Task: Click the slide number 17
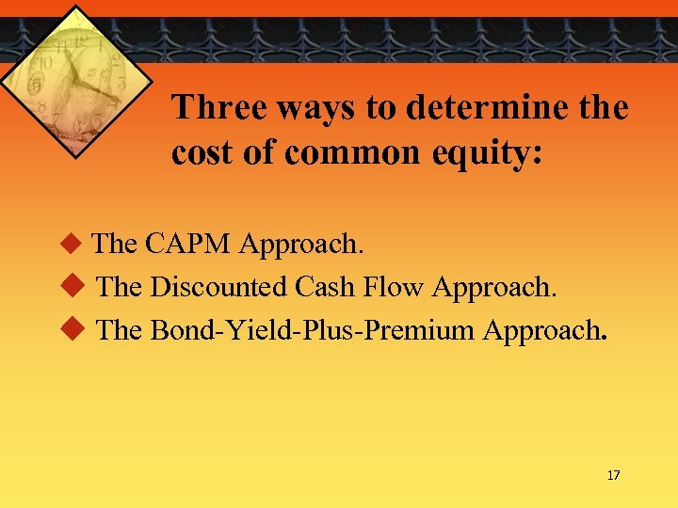[613, 475]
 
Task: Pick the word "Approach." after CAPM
[301, 245]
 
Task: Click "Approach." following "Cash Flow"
[494, 288]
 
